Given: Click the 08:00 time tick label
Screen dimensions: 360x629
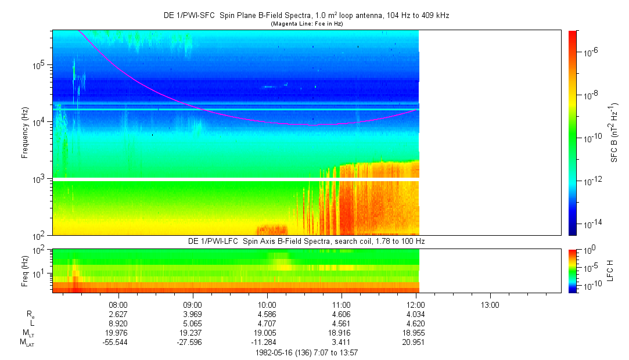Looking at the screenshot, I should pos(118,304).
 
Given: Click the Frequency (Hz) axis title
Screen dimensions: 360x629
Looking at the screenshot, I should pos(25,132).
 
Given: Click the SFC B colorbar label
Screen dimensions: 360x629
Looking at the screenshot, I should pos(614,132).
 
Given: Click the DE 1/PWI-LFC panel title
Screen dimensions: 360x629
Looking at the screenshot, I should pos(308,241).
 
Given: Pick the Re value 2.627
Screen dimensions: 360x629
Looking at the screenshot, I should pos(118,314).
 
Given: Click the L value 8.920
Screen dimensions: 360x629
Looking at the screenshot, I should pos(118,323).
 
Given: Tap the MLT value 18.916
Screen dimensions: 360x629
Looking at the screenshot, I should pos(342,333).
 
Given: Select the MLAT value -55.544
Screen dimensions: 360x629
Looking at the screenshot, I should pos(118,342).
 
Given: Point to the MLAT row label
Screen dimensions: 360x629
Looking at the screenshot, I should pos(28,342).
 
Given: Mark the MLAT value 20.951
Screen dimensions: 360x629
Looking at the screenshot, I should pos(416,342).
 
